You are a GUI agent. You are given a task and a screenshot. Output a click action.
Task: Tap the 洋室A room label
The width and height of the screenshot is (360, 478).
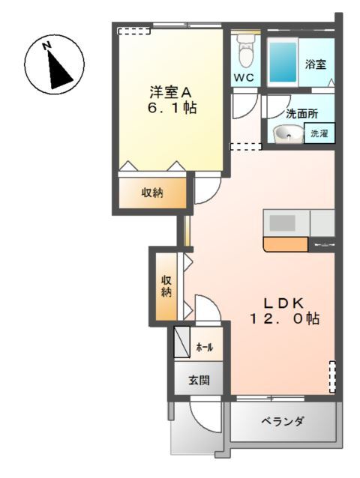171,92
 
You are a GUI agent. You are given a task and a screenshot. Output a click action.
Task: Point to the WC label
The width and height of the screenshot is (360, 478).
244,78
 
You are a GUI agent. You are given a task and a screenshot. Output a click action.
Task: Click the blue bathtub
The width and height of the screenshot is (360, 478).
283,62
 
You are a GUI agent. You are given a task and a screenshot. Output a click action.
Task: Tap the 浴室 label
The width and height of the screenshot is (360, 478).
315,64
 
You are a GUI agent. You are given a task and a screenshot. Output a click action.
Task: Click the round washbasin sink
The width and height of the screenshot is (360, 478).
286,134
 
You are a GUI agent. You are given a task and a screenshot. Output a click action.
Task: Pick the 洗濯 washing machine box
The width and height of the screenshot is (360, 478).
319,134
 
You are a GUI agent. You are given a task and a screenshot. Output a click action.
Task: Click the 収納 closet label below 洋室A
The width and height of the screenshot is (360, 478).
153,193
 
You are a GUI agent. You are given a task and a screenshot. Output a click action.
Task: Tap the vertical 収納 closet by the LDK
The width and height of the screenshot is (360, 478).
166,285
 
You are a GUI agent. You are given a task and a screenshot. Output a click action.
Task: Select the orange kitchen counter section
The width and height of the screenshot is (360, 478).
285,243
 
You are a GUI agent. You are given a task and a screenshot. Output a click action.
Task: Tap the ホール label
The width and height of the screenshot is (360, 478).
203,348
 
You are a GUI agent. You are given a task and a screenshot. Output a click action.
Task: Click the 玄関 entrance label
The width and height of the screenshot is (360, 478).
198,380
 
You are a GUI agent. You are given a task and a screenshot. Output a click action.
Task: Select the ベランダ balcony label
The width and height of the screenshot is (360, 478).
282,422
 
